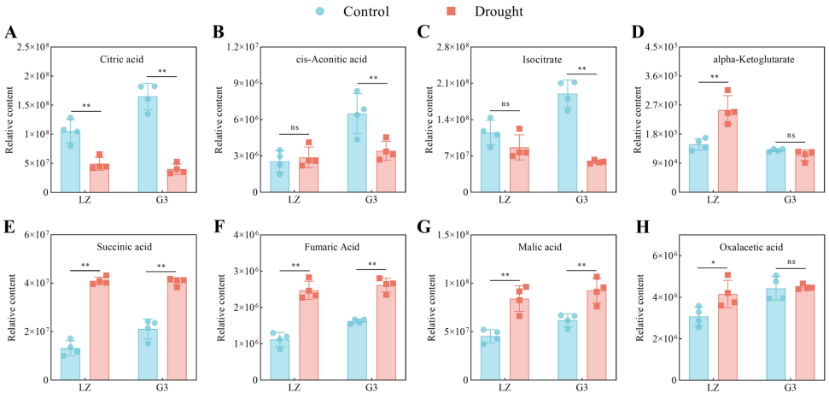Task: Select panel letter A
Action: pyautogui.click(x=11, y=34)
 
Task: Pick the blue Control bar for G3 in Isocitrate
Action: pyautogui.click(x=567, y=143)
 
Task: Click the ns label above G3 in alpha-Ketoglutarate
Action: pyautogui.click(x=790, y=135)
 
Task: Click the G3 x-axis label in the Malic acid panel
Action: pyautogui.click(x=581, y=389)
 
